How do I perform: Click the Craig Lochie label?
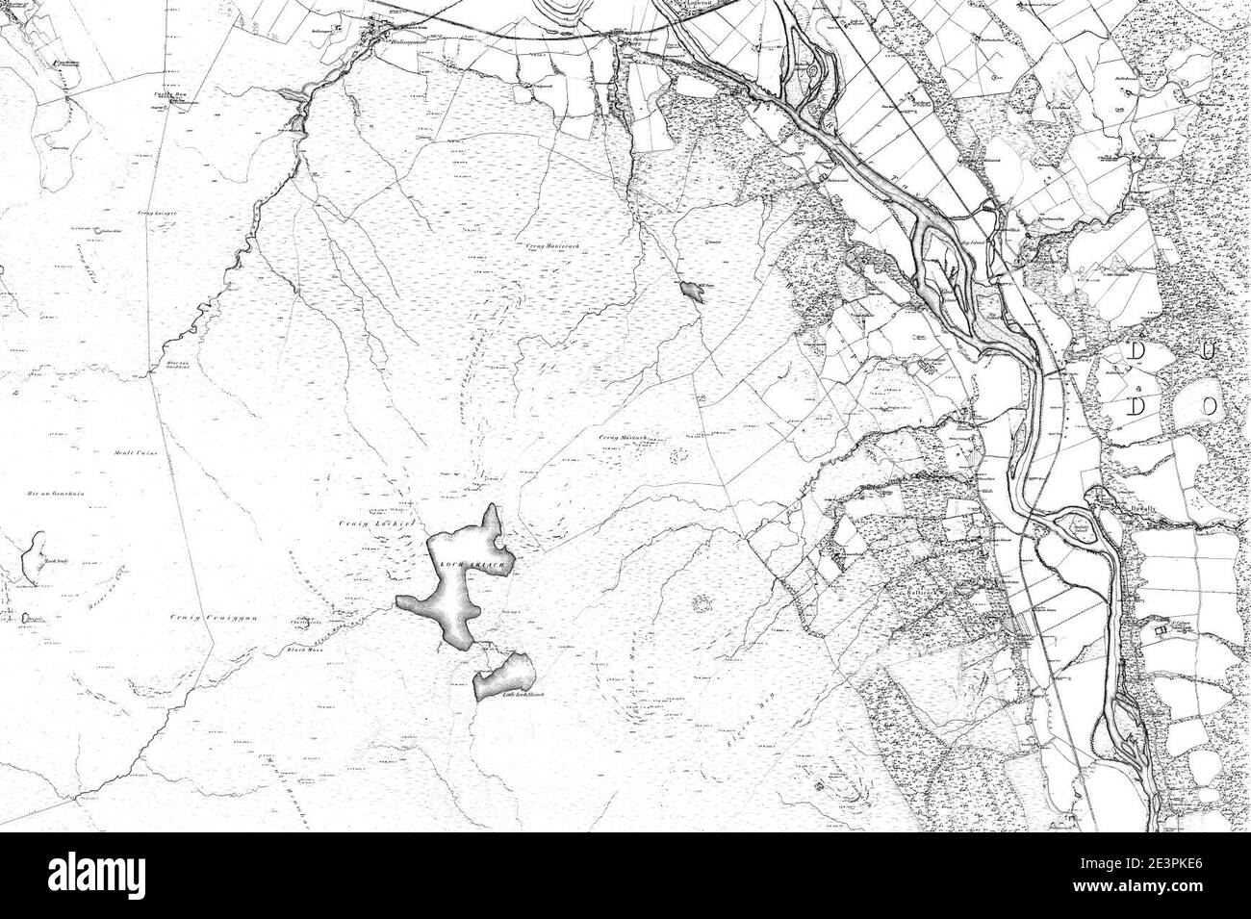click(363, 523)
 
